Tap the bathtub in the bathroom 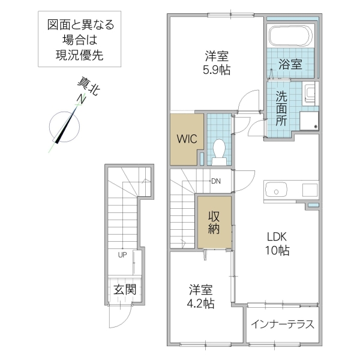[290, 35]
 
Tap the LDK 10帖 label [277, 244]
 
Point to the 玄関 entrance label [125, 289]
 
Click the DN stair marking [215, 181]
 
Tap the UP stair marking [122, 254]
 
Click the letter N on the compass [79, 100]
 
